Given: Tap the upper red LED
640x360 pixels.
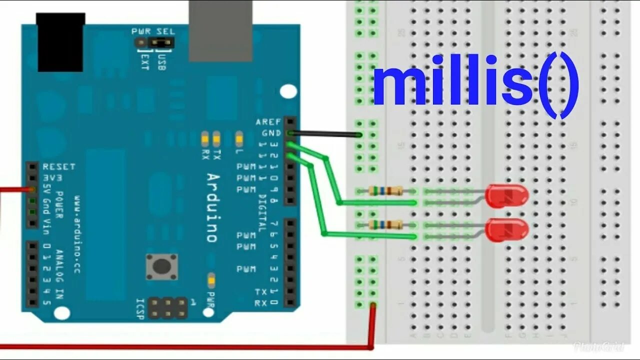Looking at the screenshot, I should coord(506,195).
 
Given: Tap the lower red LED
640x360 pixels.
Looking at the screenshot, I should coord(506,229).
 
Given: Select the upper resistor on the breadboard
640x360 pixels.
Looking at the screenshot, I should coord(385,190).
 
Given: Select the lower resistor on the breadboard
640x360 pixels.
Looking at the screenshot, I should coord(385,224).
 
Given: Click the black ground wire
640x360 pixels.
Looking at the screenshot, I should coord(325,134).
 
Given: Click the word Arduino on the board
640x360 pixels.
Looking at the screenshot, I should coord(212,207).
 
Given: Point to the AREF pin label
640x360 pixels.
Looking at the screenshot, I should coord(268,122).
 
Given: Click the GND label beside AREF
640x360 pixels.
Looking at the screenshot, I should coord(271,133).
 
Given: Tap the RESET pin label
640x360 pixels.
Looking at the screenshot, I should coord(59,166).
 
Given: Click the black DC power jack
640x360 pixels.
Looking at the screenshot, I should coord(60,42).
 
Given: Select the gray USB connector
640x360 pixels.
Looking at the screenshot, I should coord(220,30).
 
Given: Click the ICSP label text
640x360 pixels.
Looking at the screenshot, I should coord(140,309).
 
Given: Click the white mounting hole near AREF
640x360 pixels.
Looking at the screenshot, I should coord(288,91).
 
